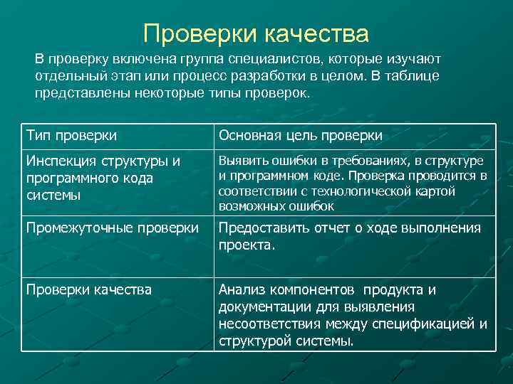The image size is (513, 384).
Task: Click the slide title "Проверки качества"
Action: click(256, 33)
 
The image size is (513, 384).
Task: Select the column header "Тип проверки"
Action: click(71, 135)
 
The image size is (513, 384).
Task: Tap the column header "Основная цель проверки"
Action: click(300, 135)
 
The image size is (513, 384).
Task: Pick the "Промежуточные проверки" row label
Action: click(112, 228)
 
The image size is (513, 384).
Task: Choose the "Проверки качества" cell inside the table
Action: click(88, 289)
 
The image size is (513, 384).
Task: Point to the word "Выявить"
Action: click(240, 161)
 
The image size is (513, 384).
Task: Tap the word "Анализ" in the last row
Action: click(242, 289)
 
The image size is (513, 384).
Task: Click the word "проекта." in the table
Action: click(247, 245)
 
